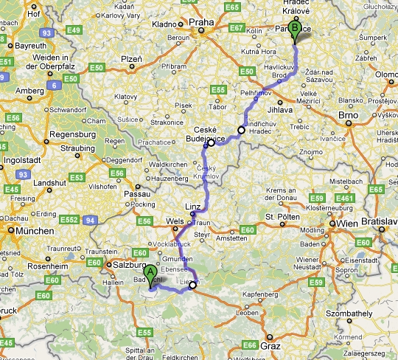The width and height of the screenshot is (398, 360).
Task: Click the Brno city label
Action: [348, 116]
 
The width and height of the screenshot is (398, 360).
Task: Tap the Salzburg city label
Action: [127, 263]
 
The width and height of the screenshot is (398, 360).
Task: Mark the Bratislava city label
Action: [380, 221]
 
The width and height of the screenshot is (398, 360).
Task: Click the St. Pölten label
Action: [281, 216]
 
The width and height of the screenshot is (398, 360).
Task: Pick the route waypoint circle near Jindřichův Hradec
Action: [241, 130]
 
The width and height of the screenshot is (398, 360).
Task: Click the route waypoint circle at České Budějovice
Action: [211, 143]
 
